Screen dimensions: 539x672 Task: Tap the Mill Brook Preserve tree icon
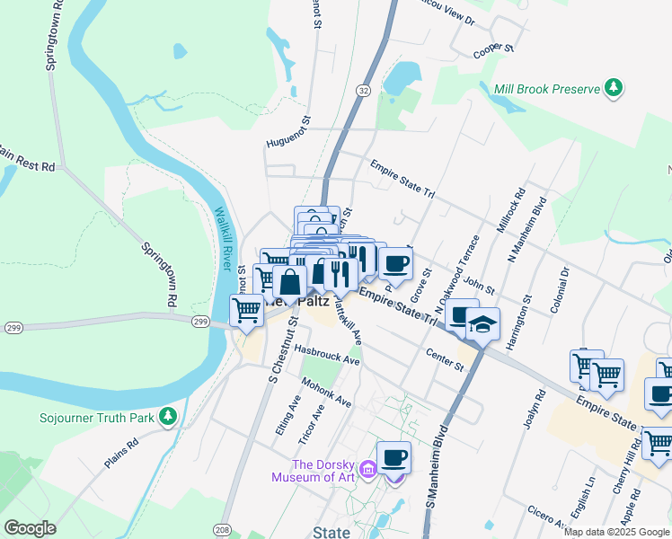[614, 88]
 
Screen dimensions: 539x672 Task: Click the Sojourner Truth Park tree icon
[167, 417]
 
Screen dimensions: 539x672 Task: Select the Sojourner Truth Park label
[97, 418]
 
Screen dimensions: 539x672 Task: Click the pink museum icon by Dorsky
[367, 469]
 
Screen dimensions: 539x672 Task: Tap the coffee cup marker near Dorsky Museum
[393, 457]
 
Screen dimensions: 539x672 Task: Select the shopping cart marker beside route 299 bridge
[246, 311]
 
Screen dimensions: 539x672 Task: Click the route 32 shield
[363, 90]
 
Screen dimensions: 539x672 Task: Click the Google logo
[30, 528]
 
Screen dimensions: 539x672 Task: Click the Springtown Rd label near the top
[50, 36]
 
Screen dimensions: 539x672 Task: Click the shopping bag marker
[290, 283]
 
